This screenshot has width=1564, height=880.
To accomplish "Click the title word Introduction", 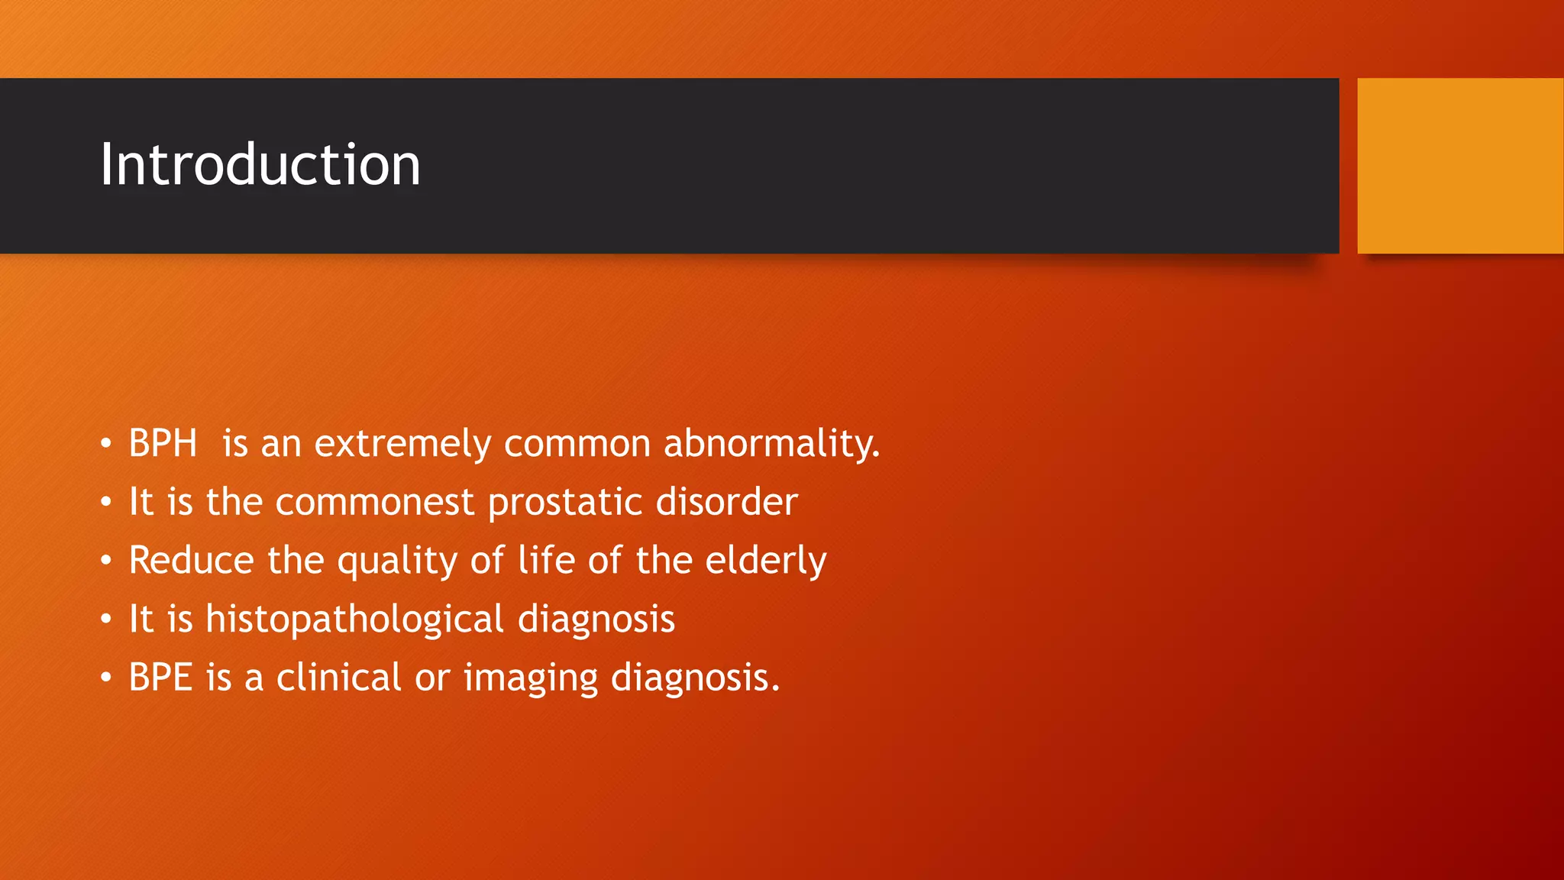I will click(x=260, y=165).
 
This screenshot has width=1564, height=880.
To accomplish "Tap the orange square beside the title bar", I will click(x=1459, y=166).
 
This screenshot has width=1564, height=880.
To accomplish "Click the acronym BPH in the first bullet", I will click(x=163, y=444).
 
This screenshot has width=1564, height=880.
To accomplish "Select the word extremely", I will click(x=402, y=444).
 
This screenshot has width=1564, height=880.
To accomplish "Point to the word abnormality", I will click(x=771, y=444).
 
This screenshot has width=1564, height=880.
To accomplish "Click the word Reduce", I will click(x=191, y=561).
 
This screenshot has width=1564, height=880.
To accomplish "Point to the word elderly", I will click(x=765, y=561).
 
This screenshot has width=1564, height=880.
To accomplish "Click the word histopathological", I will click(x=354, y=620).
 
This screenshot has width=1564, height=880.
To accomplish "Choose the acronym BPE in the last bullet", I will click(x=160, y=678).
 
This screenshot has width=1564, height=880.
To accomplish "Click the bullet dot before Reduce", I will click(x=106, y=561).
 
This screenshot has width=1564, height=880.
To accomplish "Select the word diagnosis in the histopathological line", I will click(x=596, y=620).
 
